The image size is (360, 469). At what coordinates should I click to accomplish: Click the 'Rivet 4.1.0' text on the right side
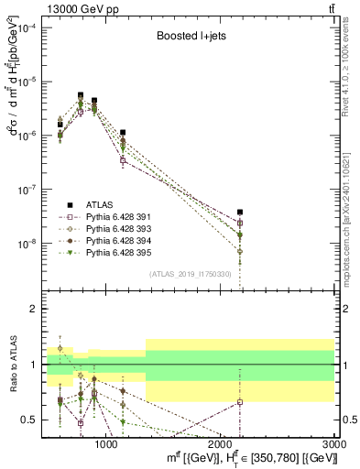[353, 64]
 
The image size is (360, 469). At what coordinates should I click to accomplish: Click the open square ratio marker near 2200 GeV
[240, 401]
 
